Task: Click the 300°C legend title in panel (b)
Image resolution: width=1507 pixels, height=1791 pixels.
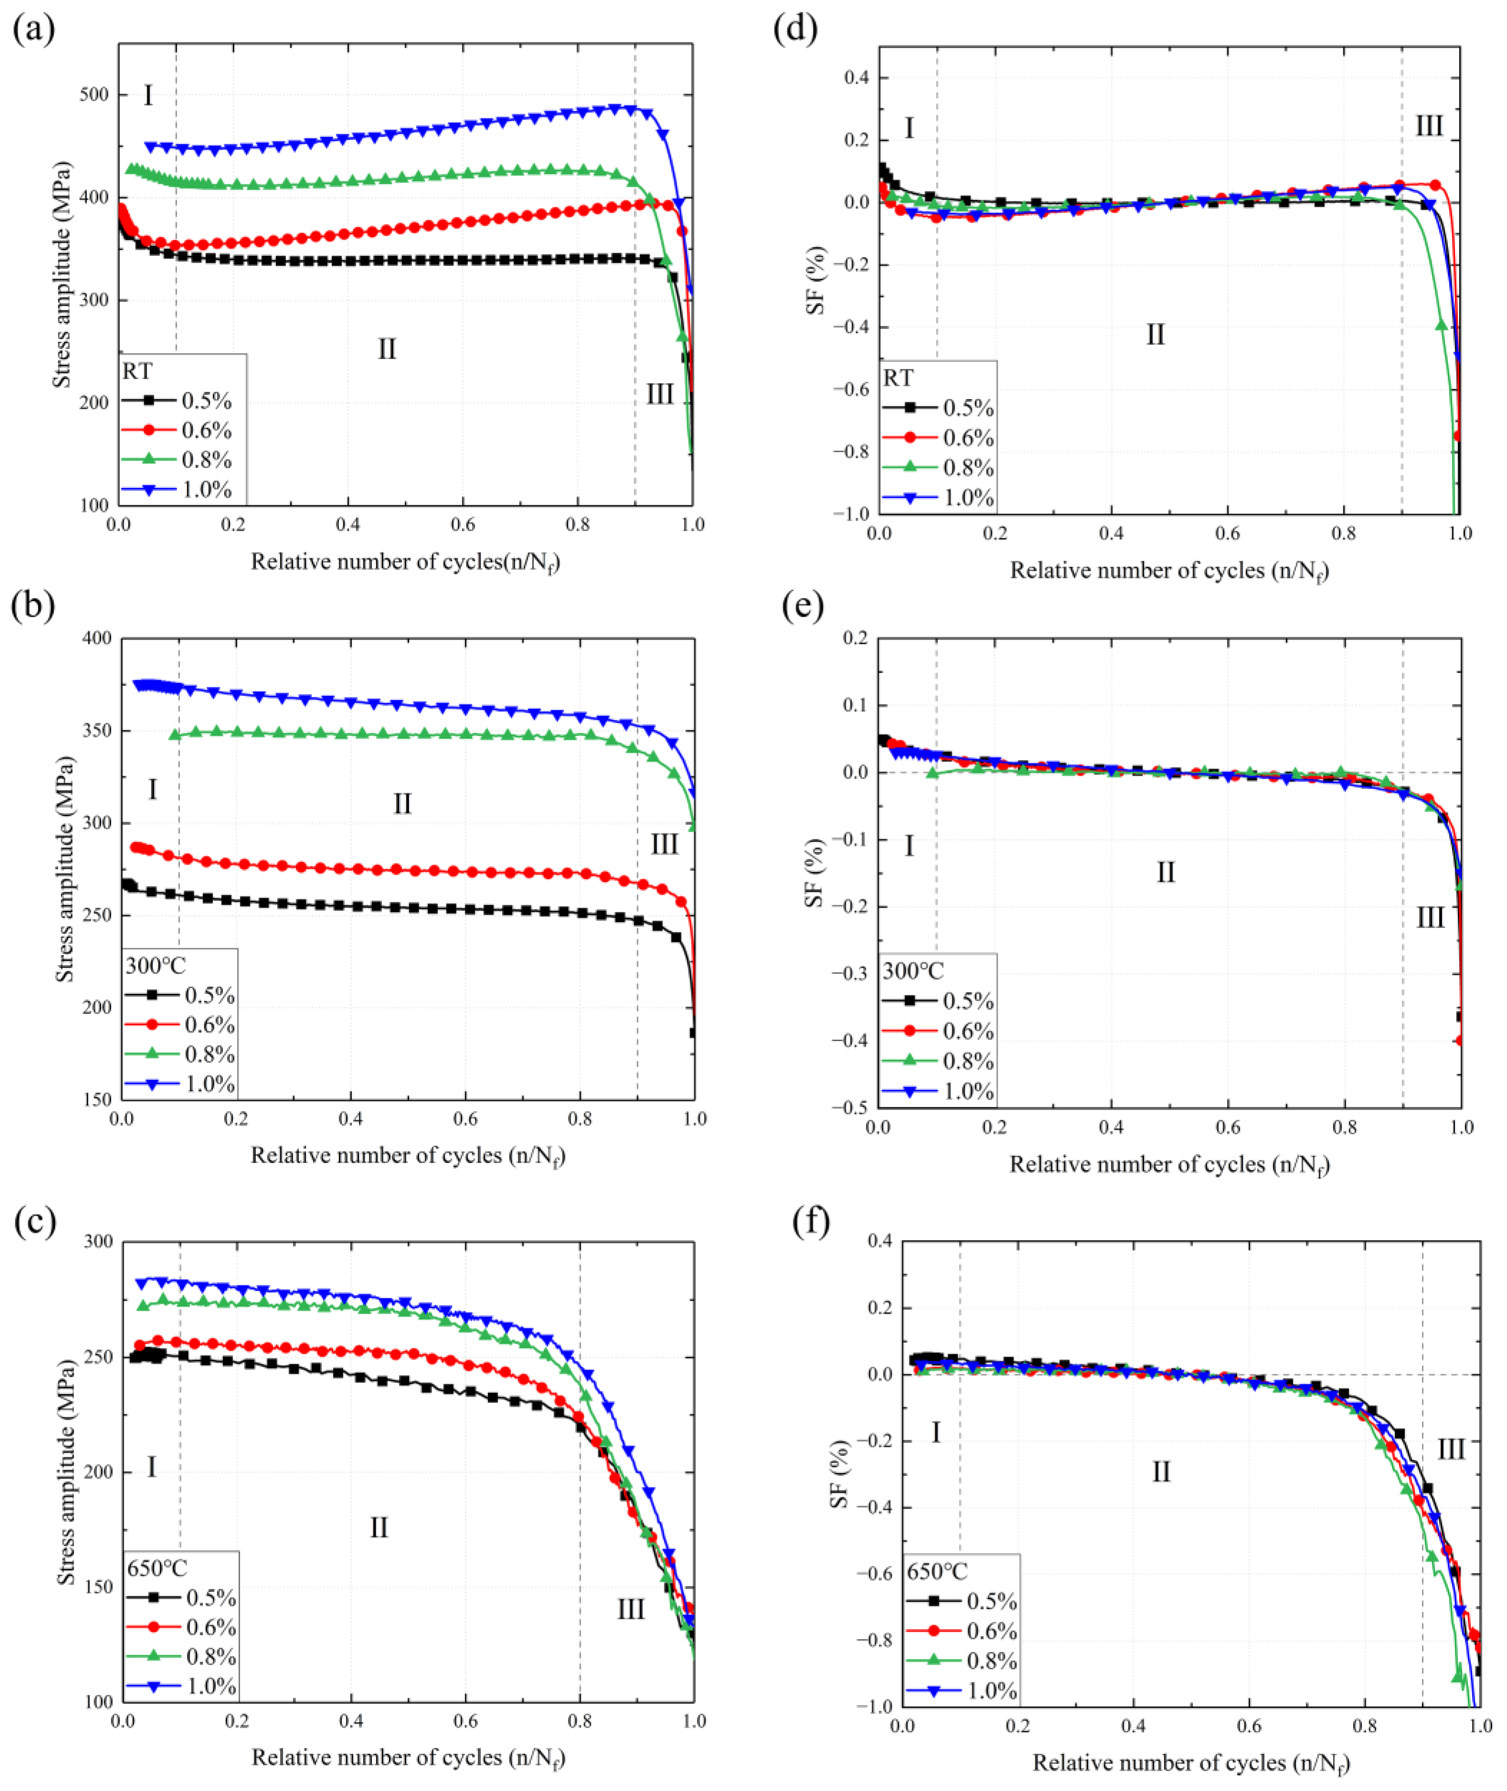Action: point(157,966)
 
